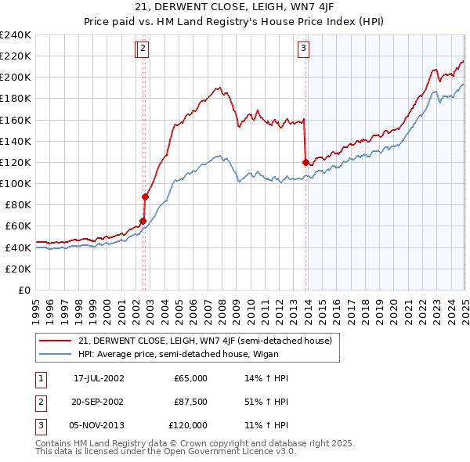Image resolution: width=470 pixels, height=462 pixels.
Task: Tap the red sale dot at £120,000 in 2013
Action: coord(305,162)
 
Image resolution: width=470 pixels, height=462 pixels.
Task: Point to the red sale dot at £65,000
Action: coord(143,221)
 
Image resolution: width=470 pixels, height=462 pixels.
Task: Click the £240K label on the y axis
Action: coord(16,35)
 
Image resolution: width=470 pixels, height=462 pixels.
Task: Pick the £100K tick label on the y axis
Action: coord(16,183)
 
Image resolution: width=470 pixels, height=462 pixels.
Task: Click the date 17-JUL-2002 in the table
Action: coord(99,378)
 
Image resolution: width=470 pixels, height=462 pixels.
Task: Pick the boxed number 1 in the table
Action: coord(39,378)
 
